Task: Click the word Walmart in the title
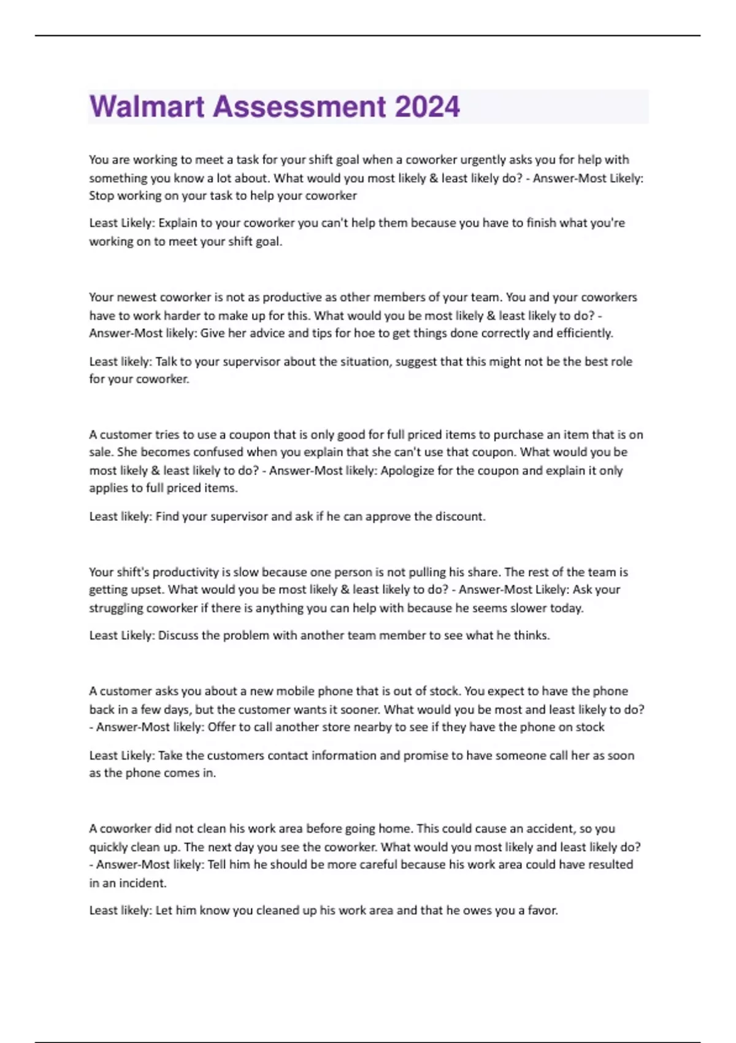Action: (x=147, y=107)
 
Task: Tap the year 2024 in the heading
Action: (x=427, y=107)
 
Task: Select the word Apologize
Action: (x=410, y=471)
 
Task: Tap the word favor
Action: (x=542, y=910)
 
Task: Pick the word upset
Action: (x=146, y=590)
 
